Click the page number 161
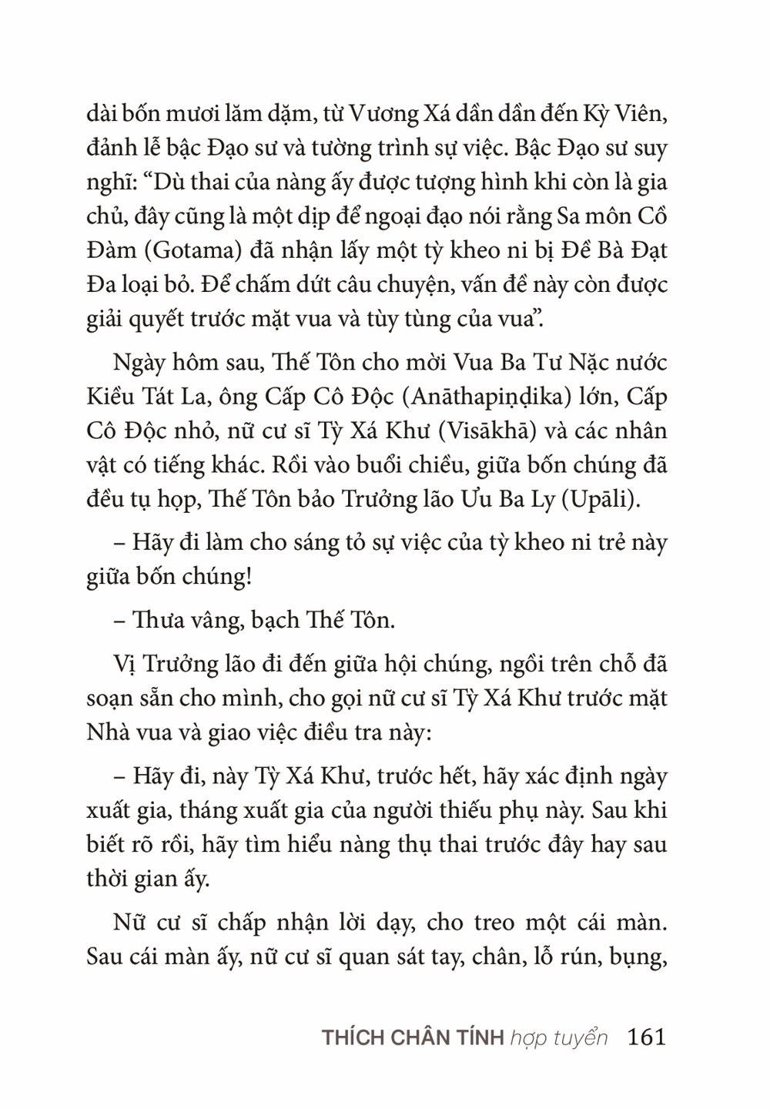(646, 1037)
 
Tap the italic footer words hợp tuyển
(558, 1037)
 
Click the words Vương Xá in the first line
(383, 113)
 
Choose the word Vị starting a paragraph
(123, 663)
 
